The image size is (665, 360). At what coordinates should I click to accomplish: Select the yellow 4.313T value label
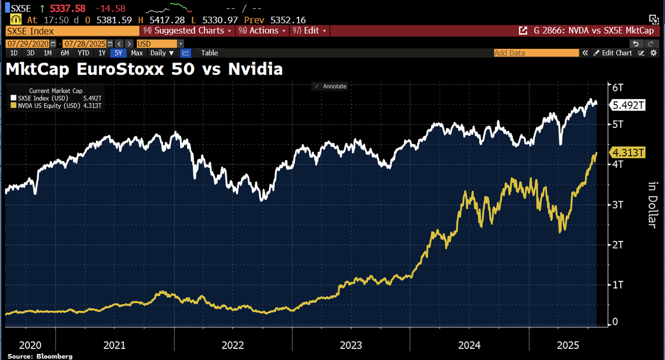pos(627,153)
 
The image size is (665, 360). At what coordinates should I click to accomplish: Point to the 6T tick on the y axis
pos(618,88)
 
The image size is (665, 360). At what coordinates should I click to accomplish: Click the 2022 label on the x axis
pos(233,345)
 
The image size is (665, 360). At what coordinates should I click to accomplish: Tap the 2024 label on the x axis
pos(469,345)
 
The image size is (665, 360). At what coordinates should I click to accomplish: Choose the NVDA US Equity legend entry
pos(55,105)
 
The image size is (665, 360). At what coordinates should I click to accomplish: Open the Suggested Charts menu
pos(188,30)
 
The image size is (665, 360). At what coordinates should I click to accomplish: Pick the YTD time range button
pos(83,53)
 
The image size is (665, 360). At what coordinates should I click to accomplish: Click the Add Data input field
pos(535,53)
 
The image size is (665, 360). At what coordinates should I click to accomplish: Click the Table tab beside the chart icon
pos(209,53)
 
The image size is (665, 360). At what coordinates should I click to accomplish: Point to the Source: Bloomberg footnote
pos(40,356)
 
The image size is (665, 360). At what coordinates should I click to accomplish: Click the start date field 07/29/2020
pos(28,43)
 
